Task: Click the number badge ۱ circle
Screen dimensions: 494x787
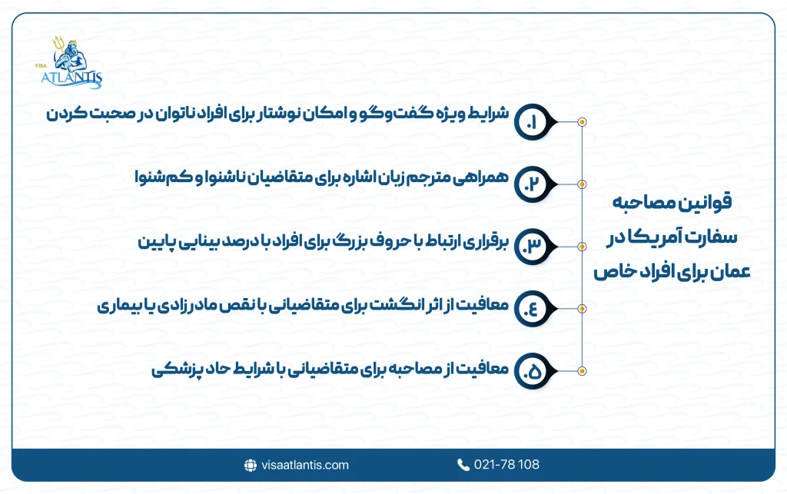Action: (x=530, y=121)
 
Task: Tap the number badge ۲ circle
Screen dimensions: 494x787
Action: (x=530, y=184)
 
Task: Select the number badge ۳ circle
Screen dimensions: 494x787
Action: (x=530, y=246)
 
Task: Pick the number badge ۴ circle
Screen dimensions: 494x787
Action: (x=530, y=308)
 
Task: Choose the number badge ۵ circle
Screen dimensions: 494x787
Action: (x=530, y=370)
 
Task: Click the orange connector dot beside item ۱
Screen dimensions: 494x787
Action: (x=583, y=121)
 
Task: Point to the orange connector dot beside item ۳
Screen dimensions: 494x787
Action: (x=583, y=246)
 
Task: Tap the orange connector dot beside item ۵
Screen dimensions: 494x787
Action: (x=583, y=370)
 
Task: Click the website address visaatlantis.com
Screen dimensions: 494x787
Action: (x=304, y=465)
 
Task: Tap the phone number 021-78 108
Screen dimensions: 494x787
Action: (x=506, y=465)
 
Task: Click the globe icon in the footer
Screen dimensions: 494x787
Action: (x=250, y=465)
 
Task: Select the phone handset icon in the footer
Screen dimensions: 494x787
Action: (x=463, y=465)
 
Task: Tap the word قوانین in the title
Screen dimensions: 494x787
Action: (x=706, y=204)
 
